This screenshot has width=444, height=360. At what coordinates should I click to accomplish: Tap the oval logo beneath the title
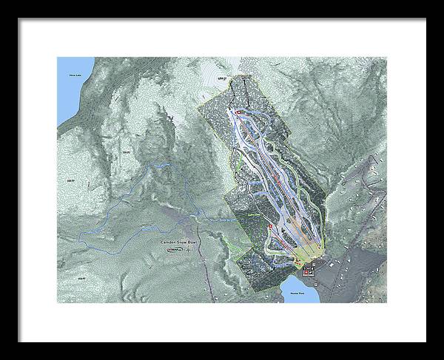175,249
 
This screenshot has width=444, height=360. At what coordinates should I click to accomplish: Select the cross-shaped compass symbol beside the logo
189,249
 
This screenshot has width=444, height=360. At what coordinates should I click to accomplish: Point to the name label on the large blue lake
73,75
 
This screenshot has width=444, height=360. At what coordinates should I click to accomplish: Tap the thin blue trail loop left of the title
111,214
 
